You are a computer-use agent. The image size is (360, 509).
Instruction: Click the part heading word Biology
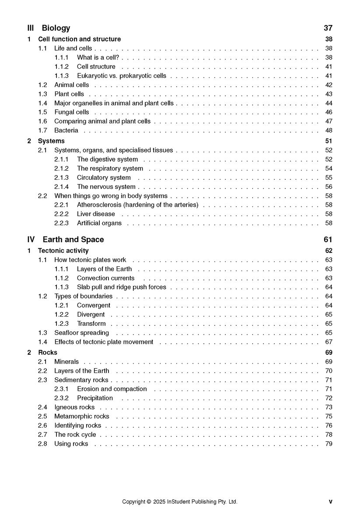pyautogui.click(x=56, y=28)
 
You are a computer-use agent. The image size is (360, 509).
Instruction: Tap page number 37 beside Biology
pyautogui.click(x=328, y=28)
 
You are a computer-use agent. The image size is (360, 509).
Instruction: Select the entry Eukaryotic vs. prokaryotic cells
pyautogui.click(x=121, y=76)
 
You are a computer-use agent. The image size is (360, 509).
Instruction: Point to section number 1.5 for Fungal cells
pyautogui.click(x=42, y=112)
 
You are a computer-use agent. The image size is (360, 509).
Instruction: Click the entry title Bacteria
pyautogui.click(x=66, y=130)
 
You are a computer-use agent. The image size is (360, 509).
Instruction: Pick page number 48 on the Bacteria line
pyautogui.click(x=329, y=130)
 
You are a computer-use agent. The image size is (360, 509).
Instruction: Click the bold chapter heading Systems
pyautogui.click(x=51, y=141)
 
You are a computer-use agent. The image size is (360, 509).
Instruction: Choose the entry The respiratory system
pyautogui.click(x=110, y=168)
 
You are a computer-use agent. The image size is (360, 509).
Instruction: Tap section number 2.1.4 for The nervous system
pyautogui.click(x=61, y=187)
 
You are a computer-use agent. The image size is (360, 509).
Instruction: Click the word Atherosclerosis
pyautogui.click(x=99, y=205)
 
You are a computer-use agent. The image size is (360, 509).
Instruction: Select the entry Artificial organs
pyautogui.click(x=99, y=223)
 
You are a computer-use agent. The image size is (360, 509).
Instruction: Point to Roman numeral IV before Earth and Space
pyautogui.click(x=31, y=240)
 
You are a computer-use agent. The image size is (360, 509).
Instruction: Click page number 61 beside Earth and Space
pyautogui.click(x=328, y=240)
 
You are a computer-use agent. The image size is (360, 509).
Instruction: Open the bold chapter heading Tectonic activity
pyautogui.click(x=63, y=251)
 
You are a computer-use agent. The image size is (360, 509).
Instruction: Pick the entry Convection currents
pyautogui.click(x=105, y=278)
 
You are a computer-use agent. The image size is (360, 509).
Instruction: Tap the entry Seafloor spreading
pyautogui.click(x=81, y=333)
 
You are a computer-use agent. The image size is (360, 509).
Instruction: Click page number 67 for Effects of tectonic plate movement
pyautogui.click(x=329, y=342)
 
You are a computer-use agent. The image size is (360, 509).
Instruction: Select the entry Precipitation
pyautogui.click(x=95, y=398)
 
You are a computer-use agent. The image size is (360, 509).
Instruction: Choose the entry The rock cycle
pyautogui.click(x=75, y=435)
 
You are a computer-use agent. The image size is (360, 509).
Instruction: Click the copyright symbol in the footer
pyautogui.click(x=149, y=502)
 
